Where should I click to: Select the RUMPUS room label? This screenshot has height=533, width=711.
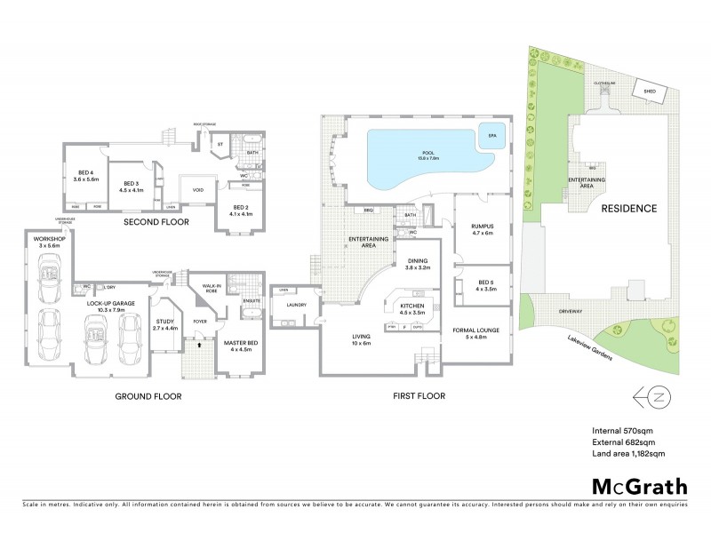tap(483, 228)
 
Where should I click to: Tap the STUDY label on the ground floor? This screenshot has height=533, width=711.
tap(166, 324)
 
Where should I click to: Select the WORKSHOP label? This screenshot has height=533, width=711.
tap(45, 241)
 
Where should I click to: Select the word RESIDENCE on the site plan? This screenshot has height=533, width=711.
tap(627, 209)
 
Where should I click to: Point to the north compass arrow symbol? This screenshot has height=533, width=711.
tap(653, 396)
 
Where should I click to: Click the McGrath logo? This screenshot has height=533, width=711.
tap(639, 487)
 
